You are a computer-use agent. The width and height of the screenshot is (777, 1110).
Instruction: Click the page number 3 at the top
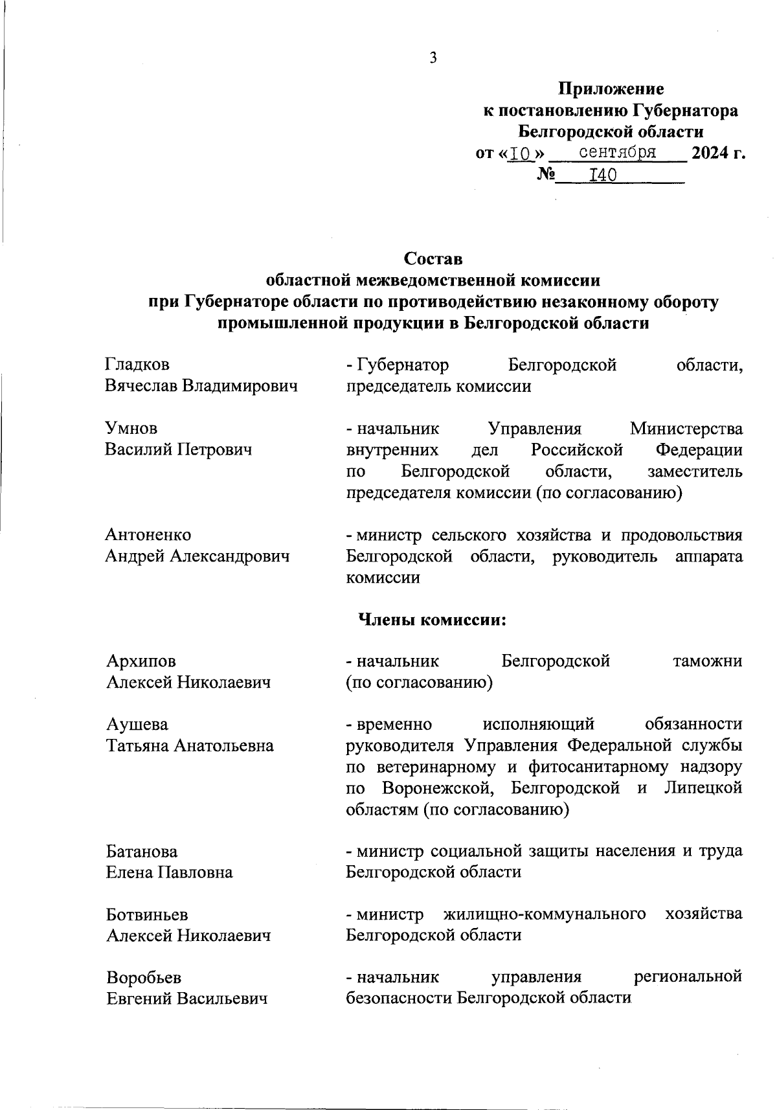[x=433, y=58]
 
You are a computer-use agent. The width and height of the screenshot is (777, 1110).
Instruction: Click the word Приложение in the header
[x=611, y=89]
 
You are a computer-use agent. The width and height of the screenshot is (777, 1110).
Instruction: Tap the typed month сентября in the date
[x=617, y=153]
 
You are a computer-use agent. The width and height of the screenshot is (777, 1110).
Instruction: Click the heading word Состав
[x=433, y=259]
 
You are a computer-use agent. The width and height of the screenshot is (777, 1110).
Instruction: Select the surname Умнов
[x=131, y=429]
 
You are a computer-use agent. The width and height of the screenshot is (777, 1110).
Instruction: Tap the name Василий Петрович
[x=178, y=449]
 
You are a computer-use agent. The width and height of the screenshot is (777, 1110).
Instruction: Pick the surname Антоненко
[x=148, y=535]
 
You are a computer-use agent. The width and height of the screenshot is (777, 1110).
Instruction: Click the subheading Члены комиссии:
[x=432, y=620]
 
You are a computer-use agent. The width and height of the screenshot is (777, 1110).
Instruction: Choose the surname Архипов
[x=141, y=661]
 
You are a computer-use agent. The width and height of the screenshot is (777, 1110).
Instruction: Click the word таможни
[x=707, y=661]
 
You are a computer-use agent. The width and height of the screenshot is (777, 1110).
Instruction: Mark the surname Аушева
[x=137, y=724]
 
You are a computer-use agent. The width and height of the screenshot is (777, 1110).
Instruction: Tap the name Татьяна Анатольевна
[x=190, y=745]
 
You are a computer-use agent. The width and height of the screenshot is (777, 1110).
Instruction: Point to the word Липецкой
[x=703, y=788]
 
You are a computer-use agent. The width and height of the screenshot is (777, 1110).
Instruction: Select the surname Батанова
[x=142, y=851]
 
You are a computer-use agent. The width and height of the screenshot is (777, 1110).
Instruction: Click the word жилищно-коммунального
[x=545, y=914]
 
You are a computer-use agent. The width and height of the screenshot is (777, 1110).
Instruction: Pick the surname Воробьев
[x=144, y=977]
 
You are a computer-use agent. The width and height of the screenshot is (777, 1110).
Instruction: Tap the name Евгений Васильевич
[x=187, y=999]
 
